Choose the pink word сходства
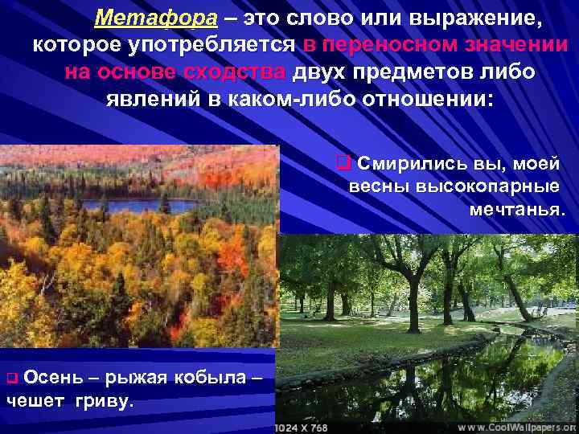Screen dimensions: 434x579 (x=233, y=72)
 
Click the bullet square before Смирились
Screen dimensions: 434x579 (x=342, y=165)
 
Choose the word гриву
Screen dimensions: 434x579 (x=103, y=401)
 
